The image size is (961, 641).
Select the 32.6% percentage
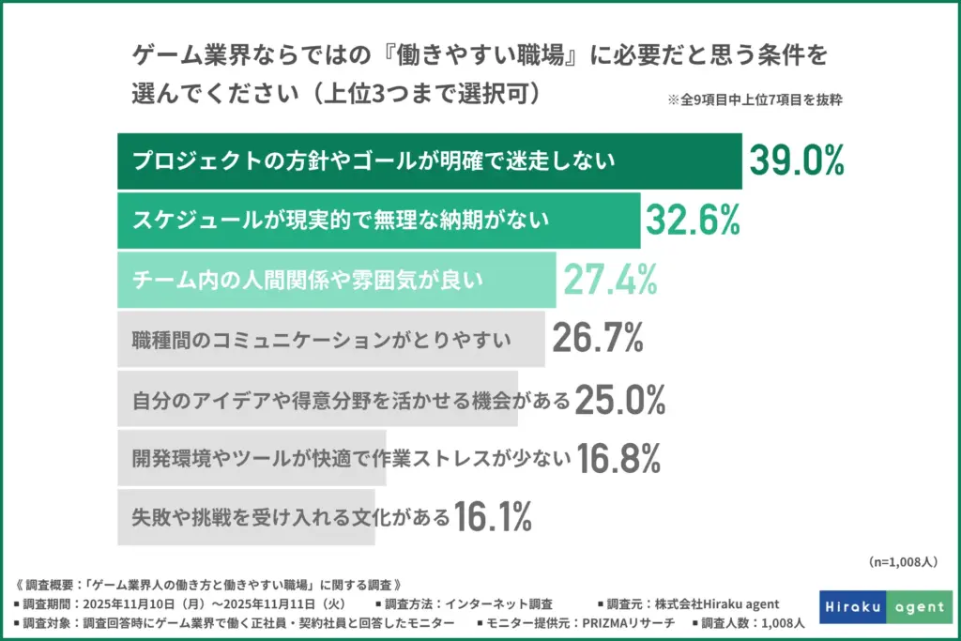tap(693, 221)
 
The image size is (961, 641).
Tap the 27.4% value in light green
tap(608, 279)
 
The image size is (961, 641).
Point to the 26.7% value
tap(597, 338)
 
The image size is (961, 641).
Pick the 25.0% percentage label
tap(619, 400)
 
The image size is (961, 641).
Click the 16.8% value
tap(618, 458)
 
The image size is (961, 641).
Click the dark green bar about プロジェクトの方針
tap(429, 161)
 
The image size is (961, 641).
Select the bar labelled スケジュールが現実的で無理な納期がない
tap(378, 221)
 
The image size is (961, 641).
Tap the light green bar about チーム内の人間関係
tap(336, 279)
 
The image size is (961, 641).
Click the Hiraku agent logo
tap(886, 607)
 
